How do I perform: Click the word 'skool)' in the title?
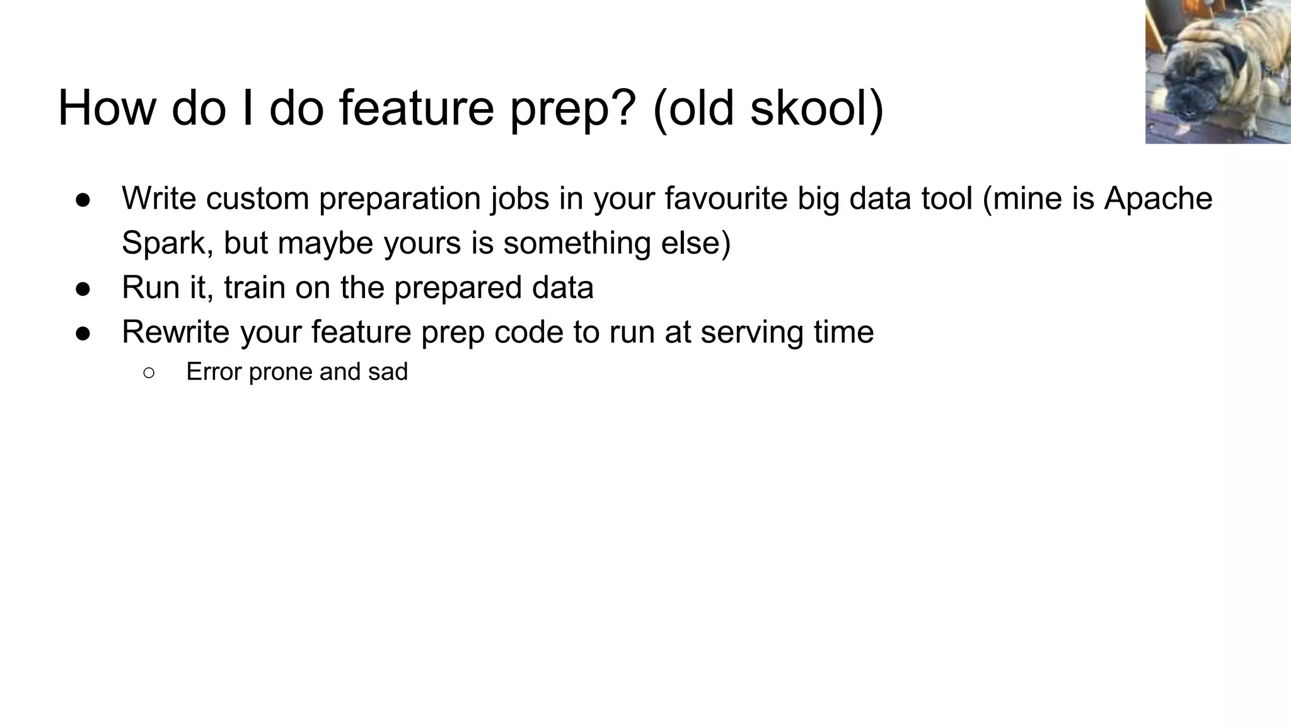pos(817,108)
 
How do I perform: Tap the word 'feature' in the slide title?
pos(416,108)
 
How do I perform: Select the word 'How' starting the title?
pos(106,108)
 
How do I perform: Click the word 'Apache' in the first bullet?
pos(1158,199)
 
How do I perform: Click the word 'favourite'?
pos(726,199)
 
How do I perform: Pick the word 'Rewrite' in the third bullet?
pos(175,332)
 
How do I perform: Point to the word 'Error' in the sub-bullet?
pos(213,372)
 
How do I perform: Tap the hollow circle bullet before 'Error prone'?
pos(149,373)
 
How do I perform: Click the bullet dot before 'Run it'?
pos(83,289)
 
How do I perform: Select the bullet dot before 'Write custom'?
pos(83,200)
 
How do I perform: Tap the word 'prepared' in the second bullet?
pos(458,288)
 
